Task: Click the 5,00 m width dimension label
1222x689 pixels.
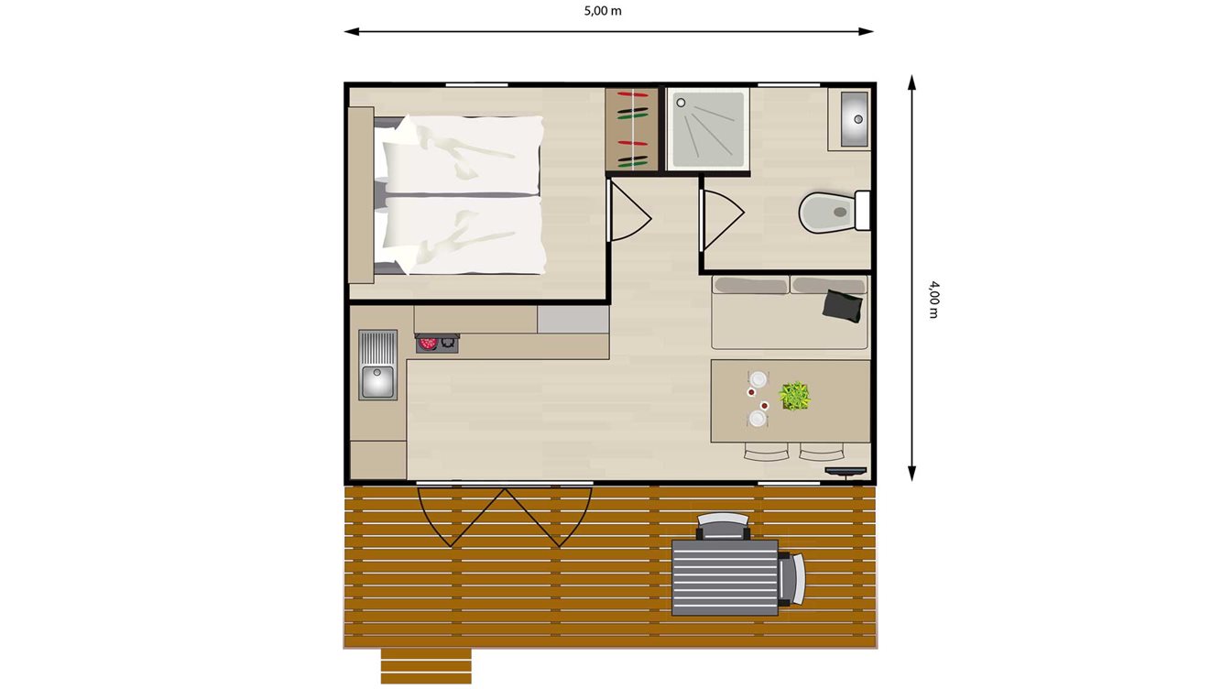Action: (608, 12)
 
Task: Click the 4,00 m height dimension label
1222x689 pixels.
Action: (933, 300)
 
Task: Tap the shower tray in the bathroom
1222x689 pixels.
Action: (707, 129)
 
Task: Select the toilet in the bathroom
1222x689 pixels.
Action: (829, 213)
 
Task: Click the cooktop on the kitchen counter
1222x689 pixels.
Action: (437, 344)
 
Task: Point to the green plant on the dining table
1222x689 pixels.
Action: (794, 396)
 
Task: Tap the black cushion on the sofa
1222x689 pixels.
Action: (843, 305)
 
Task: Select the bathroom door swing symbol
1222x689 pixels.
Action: (721, 216)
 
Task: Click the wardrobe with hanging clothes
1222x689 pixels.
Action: (632, 129)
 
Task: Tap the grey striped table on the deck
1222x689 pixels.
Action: (725, 576)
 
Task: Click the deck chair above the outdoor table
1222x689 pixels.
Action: (723, 525)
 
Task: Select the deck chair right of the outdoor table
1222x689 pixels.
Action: (792, 577)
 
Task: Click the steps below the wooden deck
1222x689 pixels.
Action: (425, 665)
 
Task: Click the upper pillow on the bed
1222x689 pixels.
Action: (463, 153)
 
